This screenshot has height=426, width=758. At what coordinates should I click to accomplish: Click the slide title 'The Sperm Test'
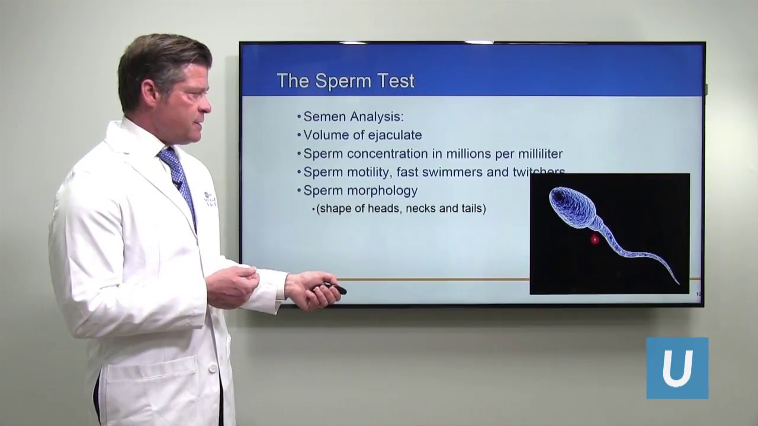coord(345,81)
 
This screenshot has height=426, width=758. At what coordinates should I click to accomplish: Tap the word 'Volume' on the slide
coord(326,135)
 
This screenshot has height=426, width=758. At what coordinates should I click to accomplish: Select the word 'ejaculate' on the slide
coord(394,135)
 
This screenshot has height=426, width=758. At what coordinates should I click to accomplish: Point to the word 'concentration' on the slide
coord(388,154)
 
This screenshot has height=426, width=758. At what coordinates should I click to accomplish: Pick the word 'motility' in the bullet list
coord(369,172)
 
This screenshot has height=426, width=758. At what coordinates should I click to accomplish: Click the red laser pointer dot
coord(595,239)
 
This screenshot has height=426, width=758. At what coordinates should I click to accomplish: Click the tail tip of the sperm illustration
coord(677,283)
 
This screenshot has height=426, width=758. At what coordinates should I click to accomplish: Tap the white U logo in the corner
coord(677,368)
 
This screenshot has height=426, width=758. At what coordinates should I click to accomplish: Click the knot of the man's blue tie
coord(168,156)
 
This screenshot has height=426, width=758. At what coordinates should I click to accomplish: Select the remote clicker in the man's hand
coord(333,288)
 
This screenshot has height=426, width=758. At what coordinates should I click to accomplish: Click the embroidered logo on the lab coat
coord(210,199)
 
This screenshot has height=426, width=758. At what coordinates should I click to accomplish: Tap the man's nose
coord(207,105)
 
